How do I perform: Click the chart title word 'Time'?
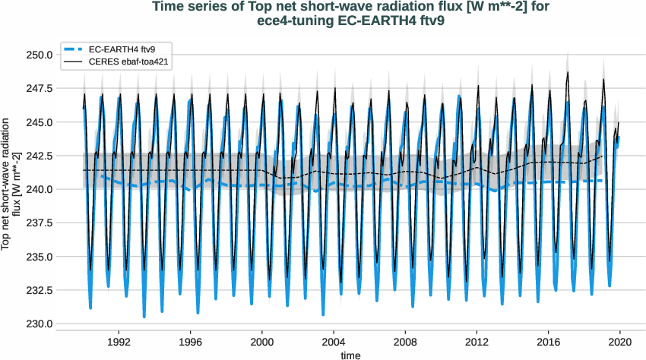coord(169,8)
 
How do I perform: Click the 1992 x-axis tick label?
coord(119,342)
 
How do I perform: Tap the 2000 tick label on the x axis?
coord(262,342)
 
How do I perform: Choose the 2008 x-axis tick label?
coord(405,342)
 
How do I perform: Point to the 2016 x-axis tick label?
coord(548,342)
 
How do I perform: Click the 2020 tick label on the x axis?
coord(619,342)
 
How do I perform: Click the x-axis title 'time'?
coord(350,355)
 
